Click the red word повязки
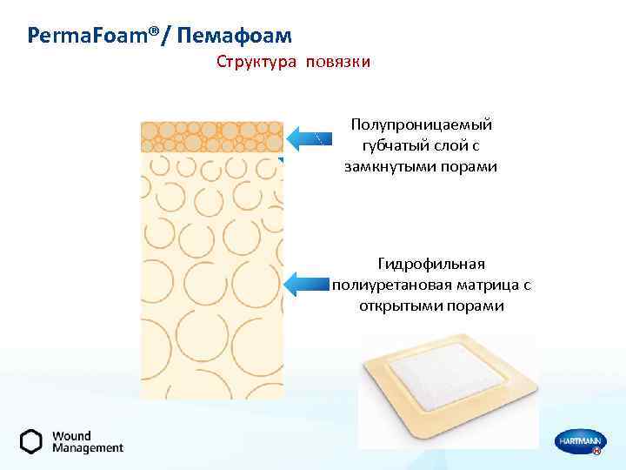point(337,63)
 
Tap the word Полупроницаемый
point(421,126)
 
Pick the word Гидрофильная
point(432,263)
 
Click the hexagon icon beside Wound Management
point(31,441)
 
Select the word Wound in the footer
point(71,435)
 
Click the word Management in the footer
point(88,448)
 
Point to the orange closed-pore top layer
point(211,137)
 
